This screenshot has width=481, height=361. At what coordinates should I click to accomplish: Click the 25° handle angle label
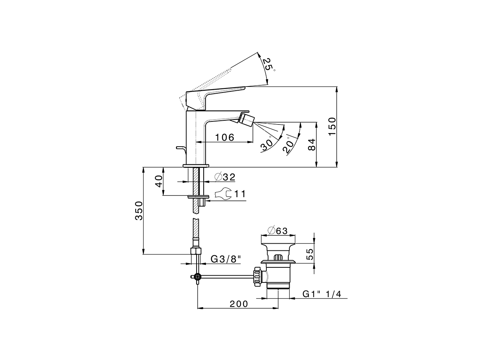pos(268,65)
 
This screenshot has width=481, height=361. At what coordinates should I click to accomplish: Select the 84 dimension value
pos(310,144)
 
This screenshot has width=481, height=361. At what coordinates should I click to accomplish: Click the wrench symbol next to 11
pos(223,194)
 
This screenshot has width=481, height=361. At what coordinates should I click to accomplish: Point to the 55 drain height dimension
pos(310,254)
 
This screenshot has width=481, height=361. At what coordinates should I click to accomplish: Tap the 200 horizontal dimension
pos(239,304)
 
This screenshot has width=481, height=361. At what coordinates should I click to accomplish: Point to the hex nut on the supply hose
pos(196,251)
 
